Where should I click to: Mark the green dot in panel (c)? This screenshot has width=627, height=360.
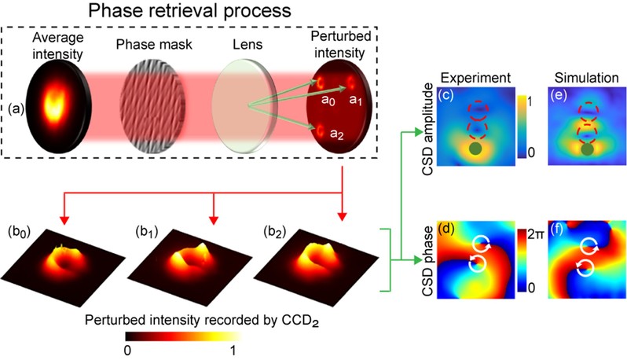click(474, 148)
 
